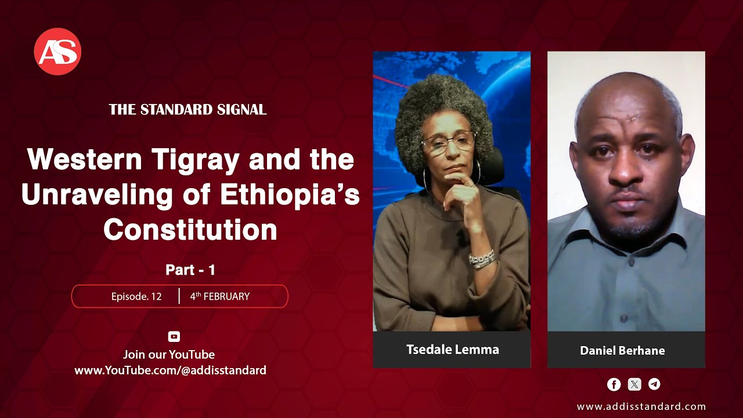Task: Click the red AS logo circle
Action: coord(57,52)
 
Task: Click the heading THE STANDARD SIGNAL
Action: coord(187,109)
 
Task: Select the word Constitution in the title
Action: coord(190,230)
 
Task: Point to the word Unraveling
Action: coord(97,194)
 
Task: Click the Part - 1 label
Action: coord(190,269)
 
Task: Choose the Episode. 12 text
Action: coord(136,296)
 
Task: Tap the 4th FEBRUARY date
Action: coord(220,296)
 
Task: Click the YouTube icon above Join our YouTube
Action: coord(174,337)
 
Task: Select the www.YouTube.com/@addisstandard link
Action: coord(170,370)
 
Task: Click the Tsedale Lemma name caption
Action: coord(452,349)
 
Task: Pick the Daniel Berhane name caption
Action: coord(622,350)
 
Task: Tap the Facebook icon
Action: coord(614,384)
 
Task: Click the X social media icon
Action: coord(634,384)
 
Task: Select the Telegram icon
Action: coord(654,384)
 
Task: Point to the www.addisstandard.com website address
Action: coord(641,406)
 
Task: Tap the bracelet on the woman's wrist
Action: coord(482,259)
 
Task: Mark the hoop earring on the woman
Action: coord(425,177)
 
